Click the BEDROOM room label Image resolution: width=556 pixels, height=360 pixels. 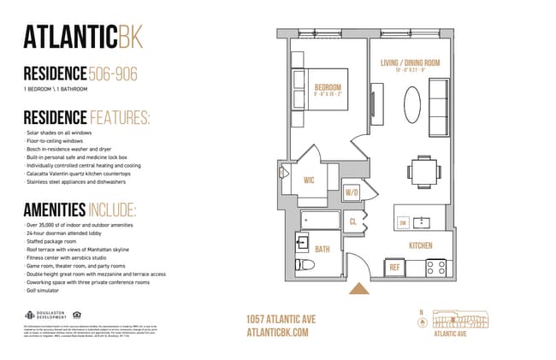pyautogui.click(x=328, y=87)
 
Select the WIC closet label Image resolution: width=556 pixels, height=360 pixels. pyautogui.click(x=311, y=180)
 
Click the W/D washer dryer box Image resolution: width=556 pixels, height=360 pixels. pyautogui.click(x=352, y=192)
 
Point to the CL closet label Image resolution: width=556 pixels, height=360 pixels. pyautogui.click(x=352, y=221)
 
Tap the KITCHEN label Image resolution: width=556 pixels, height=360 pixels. pyautogui.click(x=421, y=246)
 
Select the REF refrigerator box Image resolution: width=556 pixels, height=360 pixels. pyautogui.click(x=395, y=267)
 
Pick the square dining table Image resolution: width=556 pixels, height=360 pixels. pyautogui.click(x=421, y=168)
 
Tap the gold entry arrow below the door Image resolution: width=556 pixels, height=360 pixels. pyautogui.click(x=357, y=290)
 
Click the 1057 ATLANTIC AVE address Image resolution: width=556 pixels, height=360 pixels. pyautogui.click(x=280, y=319)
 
